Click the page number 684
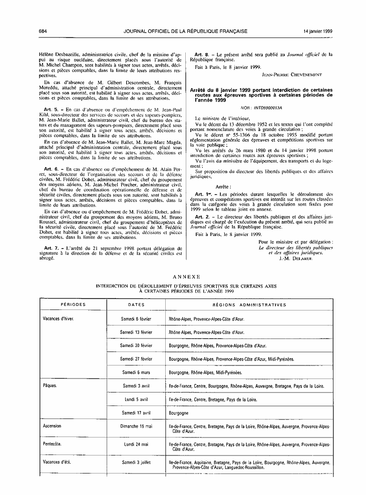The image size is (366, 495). [43, 31]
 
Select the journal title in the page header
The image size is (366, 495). [186, 31]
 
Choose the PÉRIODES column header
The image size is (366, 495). [73, 304]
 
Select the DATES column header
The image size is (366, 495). [136, 304]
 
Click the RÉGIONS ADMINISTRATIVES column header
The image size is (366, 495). [249, 304]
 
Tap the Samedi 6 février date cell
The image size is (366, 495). [136, 318]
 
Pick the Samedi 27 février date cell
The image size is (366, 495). [136, 359]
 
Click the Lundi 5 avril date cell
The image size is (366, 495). [136, 399]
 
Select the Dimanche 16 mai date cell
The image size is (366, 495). [136, 426]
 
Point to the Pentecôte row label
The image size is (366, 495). [54, 443]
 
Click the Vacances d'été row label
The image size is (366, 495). [58, 463]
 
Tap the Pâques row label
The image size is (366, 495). [51, 386]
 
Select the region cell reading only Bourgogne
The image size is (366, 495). [179, 413]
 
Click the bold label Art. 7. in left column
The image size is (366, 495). [53, 248]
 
